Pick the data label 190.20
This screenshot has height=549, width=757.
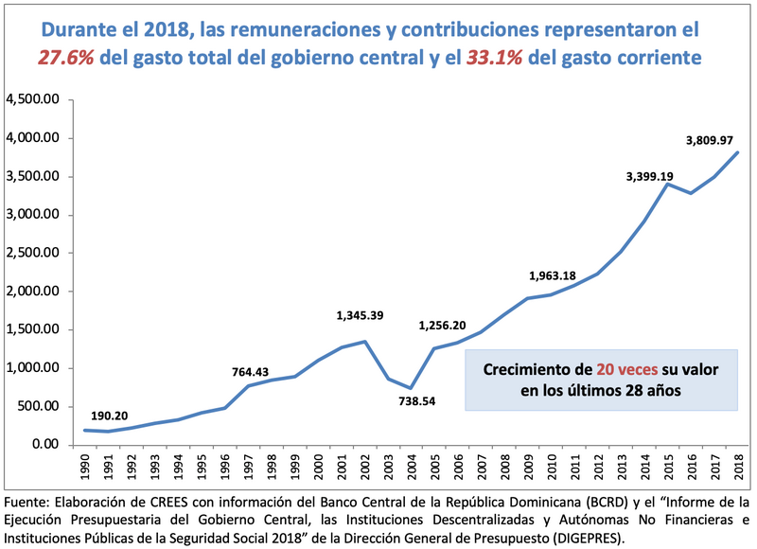[111, 416]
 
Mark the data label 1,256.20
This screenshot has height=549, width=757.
[442, 327]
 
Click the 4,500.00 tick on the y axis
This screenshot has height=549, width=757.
[33, 99]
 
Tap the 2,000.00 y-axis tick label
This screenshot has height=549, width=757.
[33, 292]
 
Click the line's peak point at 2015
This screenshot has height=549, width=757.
[667, 184]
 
